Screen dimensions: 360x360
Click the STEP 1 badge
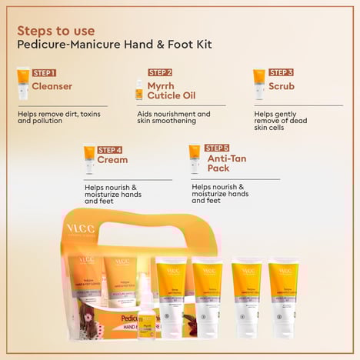[x=44, y=72]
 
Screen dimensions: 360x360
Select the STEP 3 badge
[x=281, y=72]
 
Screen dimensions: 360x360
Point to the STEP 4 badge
[x=110, y=149]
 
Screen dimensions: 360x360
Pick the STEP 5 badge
[x=217, y=148]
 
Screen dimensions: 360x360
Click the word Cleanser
[x=52, y=86]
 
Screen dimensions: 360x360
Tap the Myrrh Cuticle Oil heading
[x=170, y=92]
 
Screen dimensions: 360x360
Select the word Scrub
[x=282, y=86]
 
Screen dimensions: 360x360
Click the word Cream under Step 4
[x=112, y=160]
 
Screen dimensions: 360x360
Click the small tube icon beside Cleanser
[x=23, y=81]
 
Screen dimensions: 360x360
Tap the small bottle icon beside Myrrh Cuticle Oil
[x=139, y=89]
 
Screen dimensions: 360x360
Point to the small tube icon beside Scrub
[x=259, y=81]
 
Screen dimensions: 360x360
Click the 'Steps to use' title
[x=56, y=31]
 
